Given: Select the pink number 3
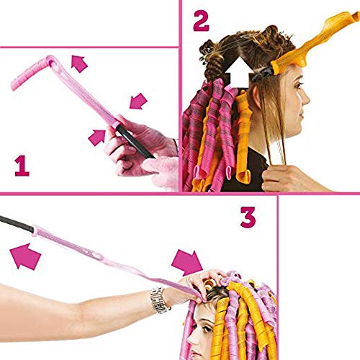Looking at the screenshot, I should point(247,215).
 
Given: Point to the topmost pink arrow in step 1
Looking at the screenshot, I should point(79,63).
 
